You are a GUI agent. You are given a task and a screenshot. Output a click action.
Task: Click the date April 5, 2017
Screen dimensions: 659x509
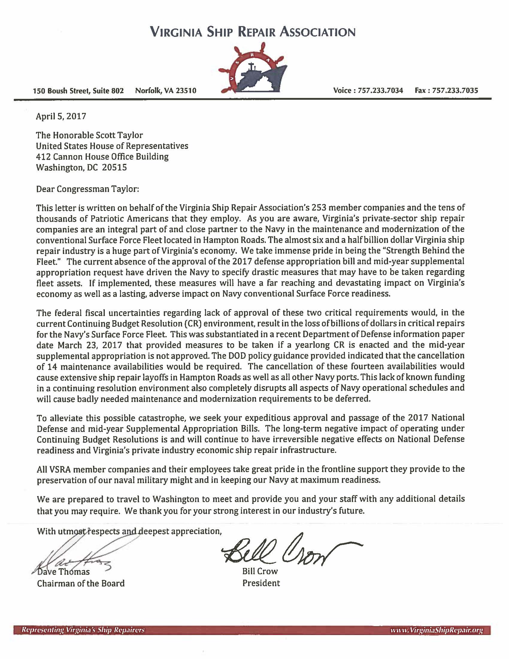[61, 116]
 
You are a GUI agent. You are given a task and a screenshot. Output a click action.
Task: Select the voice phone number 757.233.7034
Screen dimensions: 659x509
[380, 90]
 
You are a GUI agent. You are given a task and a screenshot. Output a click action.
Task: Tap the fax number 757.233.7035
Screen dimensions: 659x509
[455, 90]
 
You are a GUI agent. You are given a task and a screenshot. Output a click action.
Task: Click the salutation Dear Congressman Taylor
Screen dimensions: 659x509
[87, 189]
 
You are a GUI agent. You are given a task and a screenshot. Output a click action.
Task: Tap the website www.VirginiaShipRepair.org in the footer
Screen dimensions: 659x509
[436, 630]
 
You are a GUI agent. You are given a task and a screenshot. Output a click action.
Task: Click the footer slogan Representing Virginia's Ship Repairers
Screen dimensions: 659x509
[82, 630]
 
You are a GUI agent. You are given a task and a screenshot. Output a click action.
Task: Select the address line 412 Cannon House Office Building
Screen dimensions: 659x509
[102, 157]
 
